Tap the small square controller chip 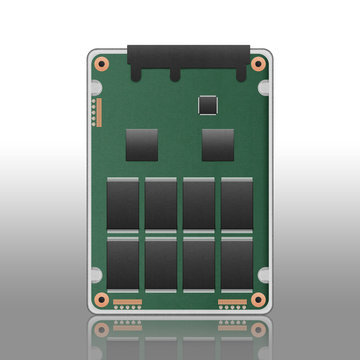point(209,103)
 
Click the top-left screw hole point(101,64)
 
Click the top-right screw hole point(258,64)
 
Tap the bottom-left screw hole point(101,299)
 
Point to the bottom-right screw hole point(258,299)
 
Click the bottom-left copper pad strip point(127,301)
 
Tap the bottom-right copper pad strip point(232,301)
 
